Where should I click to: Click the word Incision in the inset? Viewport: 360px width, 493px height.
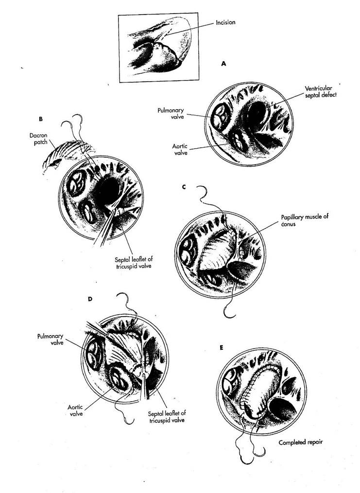(225, 23)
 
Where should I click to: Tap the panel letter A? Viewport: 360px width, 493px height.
(223, 64)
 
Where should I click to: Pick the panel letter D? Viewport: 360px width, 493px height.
(90, 299)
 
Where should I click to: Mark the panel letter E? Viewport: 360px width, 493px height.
(222, 348)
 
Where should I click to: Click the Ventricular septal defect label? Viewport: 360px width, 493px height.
(320, 91)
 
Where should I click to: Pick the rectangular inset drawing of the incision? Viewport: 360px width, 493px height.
(158, 48)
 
